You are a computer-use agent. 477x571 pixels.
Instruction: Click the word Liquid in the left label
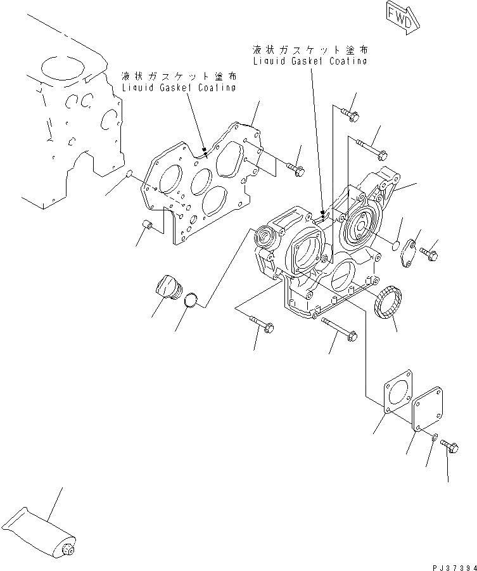[x=138, y=88]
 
